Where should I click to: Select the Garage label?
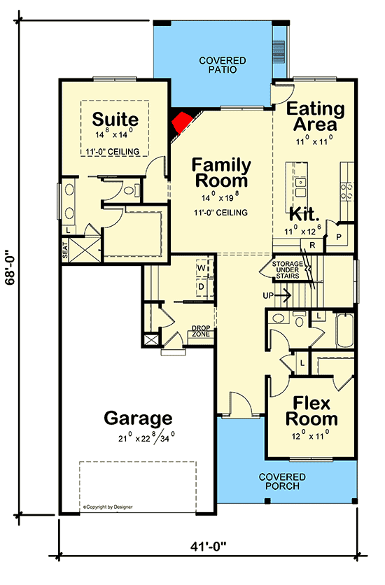(138, 418)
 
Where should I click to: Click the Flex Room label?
(311, 411)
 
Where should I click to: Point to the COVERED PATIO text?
(222, 65)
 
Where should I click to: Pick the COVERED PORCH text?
(279, 481)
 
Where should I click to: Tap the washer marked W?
(201, 268)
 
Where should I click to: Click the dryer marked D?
(201, 286)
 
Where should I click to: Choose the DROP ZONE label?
(202, 331)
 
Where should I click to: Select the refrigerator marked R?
(311, 245)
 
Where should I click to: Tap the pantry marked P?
(339, 237)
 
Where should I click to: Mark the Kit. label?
(306, 213)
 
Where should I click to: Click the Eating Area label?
(316, 117)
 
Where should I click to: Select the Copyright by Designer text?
(108, 506)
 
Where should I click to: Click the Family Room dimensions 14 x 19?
(221, 197)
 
